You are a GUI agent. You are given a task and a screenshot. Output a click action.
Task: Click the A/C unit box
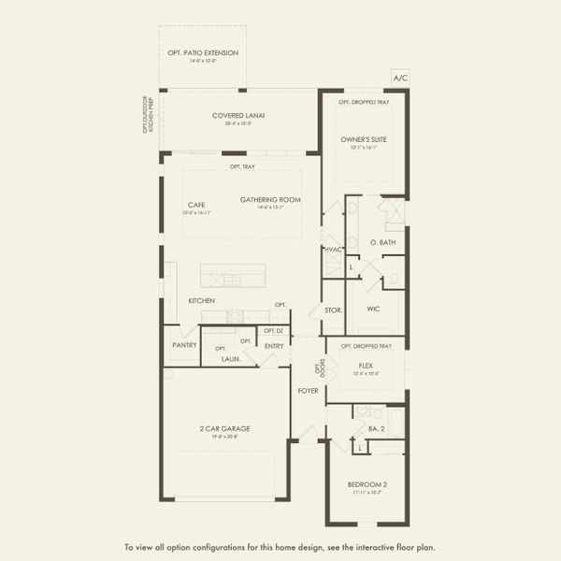click(x=401, y=78)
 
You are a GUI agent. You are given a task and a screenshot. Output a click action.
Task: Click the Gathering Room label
click(x=269, y=200)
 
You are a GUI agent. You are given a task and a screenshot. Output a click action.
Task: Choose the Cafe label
click(x=195, y=205)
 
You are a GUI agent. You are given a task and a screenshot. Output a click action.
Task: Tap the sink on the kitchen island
click(x=230, y=280)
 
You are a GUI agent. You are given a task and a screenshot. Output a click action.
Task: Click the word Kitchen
click(x=201, y=300)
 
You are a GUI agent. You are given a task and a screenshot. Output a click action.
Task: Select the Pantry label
click(x=184, y=344)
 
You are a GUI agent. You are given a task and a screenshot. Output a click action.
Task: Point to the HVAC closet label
click(x=333, y=250)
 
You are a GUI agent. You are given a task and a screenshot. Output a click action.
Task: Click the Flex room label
click(x=366, y=366)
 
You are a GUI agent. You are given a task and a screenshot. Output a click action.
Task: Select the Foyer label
click(x=308, y=389)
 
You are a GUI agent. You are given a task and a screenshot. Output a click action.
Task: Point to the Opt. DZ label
click(x=273, y=331)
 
